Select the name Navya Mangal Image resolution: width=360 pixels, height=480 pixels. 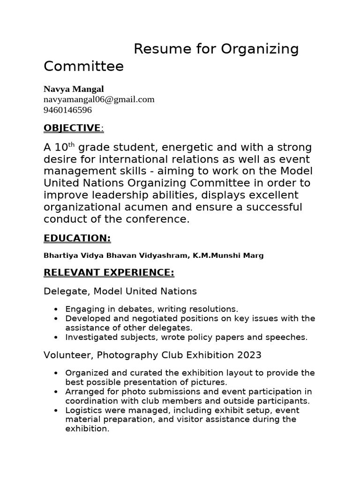coord(74,89)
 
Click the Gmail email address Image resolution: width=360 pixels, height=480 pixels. coord(99,99)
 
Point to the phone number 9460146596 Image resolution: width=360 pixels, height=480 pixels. coord(67,110)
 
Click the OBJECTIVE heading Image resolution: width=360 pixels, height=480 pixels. coord(72,128)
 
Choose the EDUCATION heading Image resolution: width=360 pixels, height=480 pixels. coord(77,239)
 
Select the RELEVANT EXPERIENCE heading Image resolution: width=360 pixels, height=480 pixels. coord(109,273)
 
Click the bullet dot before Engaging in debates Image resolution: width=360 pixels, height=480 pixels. coord(56,309)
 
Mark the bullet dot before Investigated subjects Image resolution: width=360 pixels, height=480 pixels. coord(56,337)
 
